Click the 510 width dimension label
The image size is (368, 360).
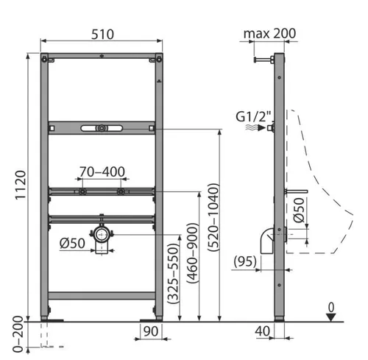[102, 34]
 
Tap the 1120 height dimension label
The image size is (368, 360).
[21, 186]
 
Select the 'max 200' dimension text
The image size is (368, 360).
[269, 33]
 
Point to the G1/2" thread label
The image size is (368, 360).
[253, 116]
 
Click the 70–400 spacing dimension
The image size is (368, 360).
[102, 172]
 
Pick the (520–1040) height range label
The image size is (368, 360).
[213, 217]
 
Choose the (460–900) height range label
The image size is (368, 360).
[193, 253]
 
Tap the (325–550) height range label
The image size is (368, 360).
[173, 273]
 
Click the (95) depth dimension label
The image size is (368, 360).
[245, 261]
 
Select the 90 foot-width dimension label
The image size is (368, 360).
[151, 331]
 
